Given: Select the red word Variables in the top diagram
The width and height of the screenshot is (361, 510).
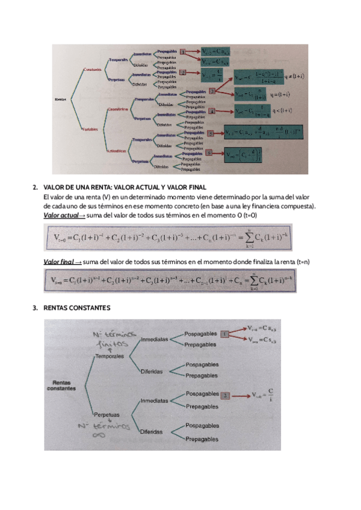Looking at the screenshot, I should pos(90,129).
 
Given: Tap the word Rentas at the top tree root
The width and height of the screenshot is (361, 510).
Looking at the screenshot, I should pos(61,99).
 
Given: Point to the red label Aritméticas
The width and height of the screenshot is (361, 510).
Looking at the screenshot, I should pos(118,150).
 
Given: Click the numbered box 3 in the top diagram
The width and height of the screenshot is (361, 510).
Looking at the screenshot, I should pos(212,91).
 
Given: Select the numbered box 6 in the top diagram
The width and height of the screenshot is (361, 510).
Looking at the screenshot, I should pos(209,153).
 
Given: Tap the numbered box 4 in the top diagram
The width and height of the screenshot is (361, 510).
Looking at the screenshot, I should pos(212,111).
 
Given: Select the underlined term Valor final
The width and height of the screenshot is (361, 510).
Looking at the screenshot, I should pos(58,262).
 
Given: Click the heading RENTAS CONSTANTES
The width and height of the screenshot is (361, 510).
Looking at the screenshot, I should pos(78,309).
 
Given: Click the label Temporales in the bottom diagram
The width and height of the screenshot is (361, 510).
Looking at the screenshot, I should pos(109,357).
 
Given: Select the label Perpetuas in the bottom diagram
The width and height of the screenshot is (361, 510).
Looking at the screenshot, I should pos(107,414).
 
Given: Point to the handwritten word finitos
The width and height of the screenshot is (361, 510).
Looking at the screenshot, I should pos(112,345).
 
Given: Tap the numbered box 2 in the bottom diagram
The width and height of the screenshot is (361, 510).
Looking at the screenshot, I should pos(226,396).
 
